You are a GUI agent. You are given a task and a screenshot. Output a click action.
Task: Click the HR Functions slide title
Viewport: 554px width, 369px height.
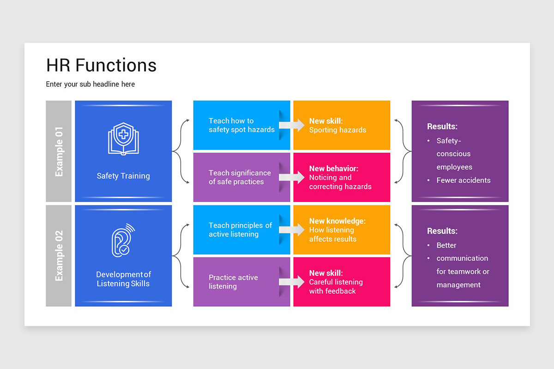[101, 65]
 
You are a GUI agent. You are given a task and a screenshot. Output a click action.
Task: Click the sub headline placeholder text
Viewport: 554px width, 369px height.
[90, 84]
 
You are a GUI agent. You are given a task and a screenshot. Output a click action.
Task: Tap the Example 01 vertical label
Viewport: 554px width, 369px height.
[59, 151]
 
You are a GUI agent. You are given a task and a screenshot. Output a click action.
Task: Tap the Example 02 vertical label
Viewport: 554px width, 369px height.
[59, 256]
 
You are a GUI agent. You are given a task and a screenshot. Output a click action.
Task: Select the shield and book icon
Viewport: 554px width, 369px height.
[123, 138]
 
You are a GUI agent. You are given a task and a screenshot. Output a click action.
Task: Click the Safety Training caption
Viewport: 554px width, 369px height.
[123, 176]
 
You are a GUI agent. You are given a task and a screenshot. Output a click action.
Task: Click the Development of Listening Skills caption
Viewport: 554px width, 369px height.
[123, 279]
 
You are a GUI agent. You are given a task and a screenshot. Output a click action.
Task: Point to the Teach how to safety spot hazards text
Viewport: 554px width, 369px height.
[241, 125]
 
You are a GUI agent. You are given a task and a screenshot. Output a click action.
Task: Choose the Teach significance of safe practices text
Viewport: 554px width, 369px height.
[239, 177]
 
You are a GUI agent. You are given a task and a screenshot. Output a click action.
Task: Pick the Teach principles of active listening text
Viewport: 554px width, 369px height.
[240, 230]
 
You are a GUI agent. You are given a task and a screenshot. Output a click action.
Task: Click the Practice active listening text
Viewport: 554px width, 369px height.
[233, 282]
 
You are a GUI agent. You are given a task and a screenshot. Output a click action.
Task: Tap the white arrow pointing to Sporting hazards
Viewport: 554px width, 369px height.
[291, 125]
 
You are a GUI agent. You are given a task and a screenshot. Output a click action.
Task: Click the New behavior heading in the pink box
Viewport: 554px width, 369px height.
[333, 169]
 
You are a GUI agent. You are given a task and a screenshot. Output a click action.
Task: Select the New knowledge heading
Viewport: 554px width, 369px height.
[337, 221]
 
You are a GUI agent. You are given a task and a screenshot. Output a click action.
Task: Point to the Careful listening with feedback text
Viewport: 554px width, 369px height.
[336, 286]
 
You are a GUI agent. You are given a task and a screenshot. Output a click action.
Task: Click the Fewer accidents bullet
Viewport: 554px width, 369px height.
[463, 180]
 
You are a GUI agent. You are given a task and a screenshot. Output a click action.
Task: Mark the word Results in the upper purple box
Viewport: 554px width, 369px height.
[442, 126]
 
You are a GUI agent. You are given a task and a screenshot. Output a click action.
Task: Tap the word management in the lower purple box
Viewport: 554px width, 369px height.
[458, 285]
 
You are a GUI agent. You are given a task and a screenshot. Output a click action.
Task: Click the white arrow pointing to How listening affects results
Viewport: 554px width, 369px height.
[291, 229]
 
